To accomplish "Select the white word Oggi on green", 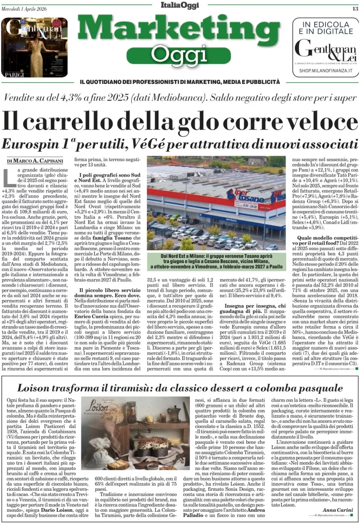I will (x=179, y=53).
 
